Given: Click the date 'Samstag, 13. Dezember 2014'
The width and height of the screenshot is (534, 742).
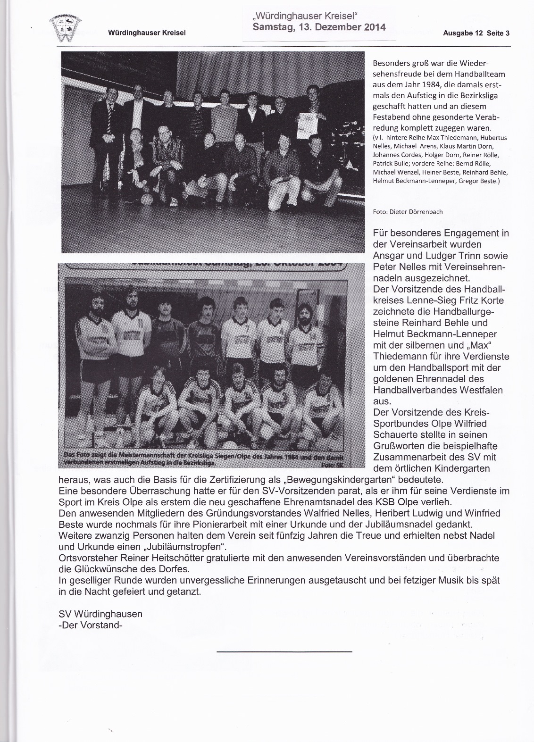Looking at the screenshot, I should click(319, 27).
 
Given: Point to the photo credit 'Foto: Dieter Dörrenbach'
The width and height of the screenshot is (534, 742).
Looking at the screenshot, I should click(408, 212).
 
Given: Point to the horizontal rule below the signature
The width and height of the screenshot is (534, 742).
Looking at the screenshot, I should click(284, 652).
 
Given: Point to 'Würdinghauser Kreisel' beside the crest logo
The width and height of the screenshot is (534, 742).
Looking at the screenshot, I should click(147, 33).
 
